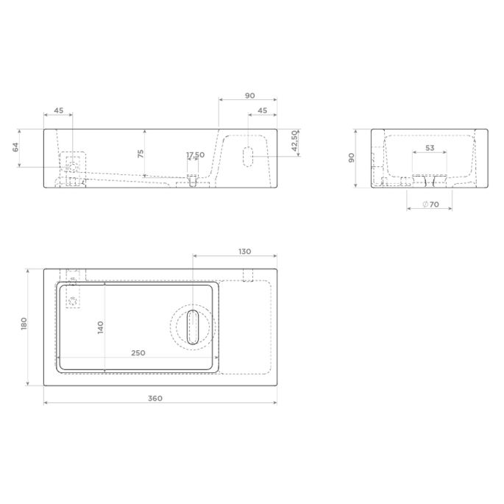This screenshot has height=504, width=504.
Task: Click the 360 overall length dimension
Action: pyautogui.click(x=155, y=398)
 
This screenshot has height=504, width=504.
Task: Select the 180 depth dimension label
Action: pyautogui.click(x=24, y=324)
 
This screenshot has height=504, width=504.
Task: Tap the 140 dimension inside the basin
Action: pyautogui.click(x=100, y=326)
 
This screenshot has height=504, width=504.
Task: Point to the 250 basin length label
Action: pyautogui.click(x=138, y=352)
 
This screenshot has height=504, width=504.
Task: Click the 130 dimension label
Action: pyautogui.click(x=244, y=252)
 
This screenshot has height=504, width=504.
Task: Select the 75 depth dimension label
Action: pyautogui.click(x=140, y=153)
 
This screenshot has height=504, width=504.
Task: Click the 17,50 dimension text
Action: pyautogui.click(x=195, y=155)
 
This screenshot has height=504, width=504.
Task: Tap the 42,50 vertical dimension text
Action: pyautogui.click(x=294, y=141)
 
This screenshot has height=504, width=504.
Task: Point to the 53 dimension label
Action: pyautogui.click(x=430, y=148)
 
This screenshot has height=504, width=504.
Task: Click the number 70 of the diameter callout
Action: pyautogui.click(x=434, y=204)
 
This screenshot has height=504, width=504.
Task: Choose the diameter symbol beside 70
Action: pyautogui.click(x=425, y=204)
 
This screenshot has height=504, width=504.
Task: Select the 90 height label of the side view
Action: pyautogui.click(x=352, y=157)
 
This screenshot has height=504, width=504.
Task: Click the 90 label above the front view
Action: pyautogui.click(x=249, y=95)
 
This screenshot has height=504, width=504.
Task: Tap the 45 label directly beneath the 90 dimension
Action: pyautogui.click(x=262, y=111)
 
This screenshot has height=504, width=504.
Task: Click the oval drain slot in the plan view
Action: pyautogui.click(x=193, y=326)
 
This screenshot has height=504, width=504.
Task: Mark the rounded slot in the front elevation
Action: pyautogui.click(x=249, y=155)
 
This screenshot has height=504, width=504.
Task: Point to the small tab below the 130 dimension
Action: pyautogui.click(x=248, y=274)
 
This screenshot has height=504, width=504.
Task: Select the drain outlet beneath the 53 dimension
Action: pyautogui.click(x=430, y=181)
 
